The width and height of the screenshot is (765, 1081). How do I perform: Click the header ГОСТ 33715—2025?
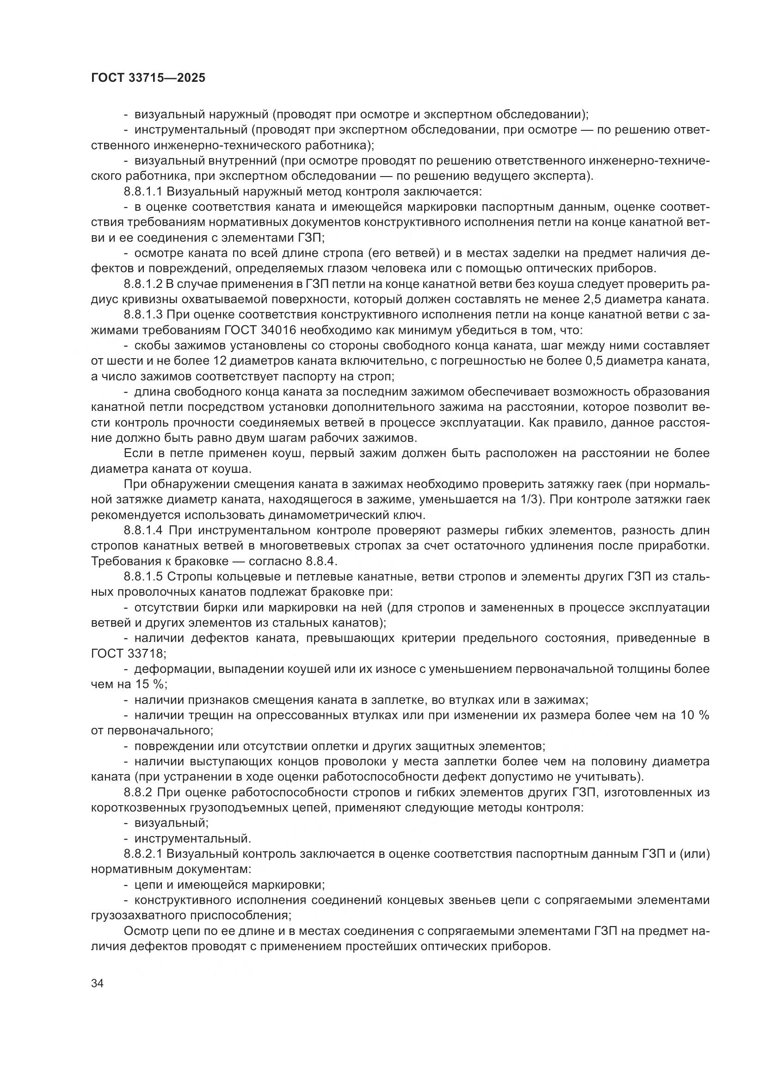(148, 78)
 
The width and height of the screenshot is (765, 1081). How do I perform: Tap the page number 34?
(98, 983)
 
